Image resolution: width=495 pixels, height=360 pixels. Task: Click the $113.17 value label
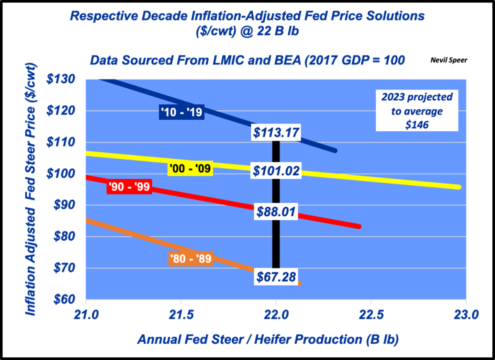pos(276,132)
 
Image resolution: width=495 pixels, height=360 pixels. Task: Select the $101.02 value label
pos(276,171)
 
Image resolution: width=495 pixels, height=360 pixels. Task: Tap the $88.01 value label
pos(276,211)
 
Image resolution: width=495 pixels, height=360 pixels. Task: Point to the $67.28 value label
pos(276,277)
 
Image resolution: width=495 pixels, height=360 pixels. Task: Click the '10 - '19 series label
pos(181,112)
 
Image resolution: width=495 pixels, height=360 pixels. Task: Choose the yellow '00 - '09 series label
pos(190,168)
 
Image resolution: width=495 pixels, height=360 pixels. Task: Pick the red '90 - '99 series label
pos(129,187)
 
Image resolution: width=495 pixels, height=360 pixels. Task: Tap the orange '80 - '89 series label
pos(191,259)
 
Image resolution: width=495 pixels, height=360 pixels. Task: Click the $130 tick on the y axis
pos(61,79)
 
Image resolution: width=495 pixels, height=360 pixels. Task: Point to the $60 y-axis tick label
pos(64,299)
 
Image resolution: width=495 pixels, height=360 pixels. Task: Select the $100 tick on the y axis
pos(61,174)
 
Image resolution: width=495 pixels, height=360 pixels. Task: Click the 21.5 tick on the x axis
pos(181,315)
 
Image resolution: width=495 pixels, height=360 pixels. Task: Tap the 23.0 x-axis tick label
pos(466,315)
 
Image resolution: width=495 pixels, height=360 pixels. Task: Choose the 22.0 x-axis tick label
pos(276,315)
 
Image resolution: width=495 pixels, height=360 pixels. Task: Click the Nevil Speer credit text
pos(449,60)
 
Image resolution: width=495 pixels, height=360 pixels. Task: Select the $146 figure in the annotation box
pos(417,125)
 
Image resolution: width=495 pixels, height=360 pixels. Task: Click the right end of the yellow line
pos(459,187)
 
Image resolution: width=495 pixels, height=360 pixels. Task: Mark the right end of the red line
pos(359,227)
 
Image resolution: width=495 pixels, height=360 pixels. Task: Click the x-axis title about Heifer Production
pos(268,339)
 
